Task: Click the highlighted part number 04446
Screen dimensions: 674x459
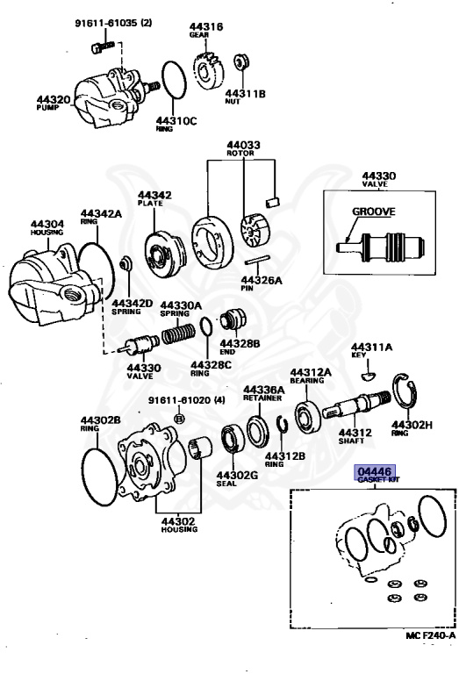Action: (x=376, y=471)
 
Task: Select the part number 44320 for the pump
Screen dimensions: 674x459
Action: (x=53, y=100)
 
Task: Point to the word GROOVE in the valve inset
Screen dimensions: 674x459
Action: (x=373, y=211)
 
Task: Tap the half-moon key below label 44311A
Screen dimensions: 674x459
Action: (x=370, y=376)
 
